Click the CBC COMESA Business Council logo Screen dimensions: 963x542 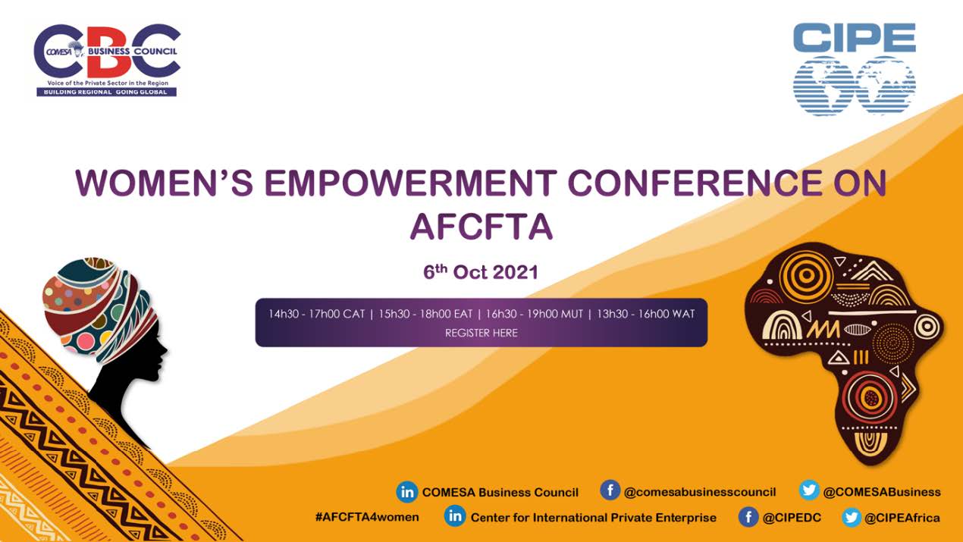[x=107, y=60]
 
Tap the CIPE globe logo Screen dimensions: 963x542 [x=855, y=69]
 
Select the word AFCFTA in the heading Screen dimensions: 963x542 [x=481, y=227]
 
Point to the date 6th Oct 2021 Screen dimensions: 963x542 [x=481, y=272]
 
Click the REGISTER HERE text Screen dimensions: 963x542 [x=481, y=333]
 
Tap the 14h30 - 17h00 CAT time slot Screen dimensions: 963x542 [x=316, y=314]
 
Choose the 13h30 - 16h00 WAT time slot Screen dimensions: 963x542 [x=646, y=314]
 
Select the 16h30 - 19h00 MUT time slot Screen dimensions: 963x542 [x=535, y=314]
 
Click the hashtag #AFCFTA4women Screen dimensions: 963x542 [x=367, y=517]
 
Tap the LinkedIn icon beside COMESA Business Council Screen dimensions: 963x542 [x=406, y=492]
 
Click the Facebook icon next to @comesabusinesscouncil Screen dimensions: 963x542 [x=610, y=490]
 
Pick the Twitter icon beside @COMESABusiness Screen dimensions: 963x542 [x=808, y=490]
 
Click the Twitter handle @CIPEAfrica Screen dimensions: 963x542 [x=902, y=518]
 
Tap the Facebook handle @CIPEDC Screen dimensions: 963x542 [x=792, y=518]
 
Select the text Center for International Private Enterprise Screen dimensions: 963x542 [x=593, y=518]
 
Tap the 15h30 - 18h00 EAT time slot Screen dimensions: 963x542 [x=425, y=314]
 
